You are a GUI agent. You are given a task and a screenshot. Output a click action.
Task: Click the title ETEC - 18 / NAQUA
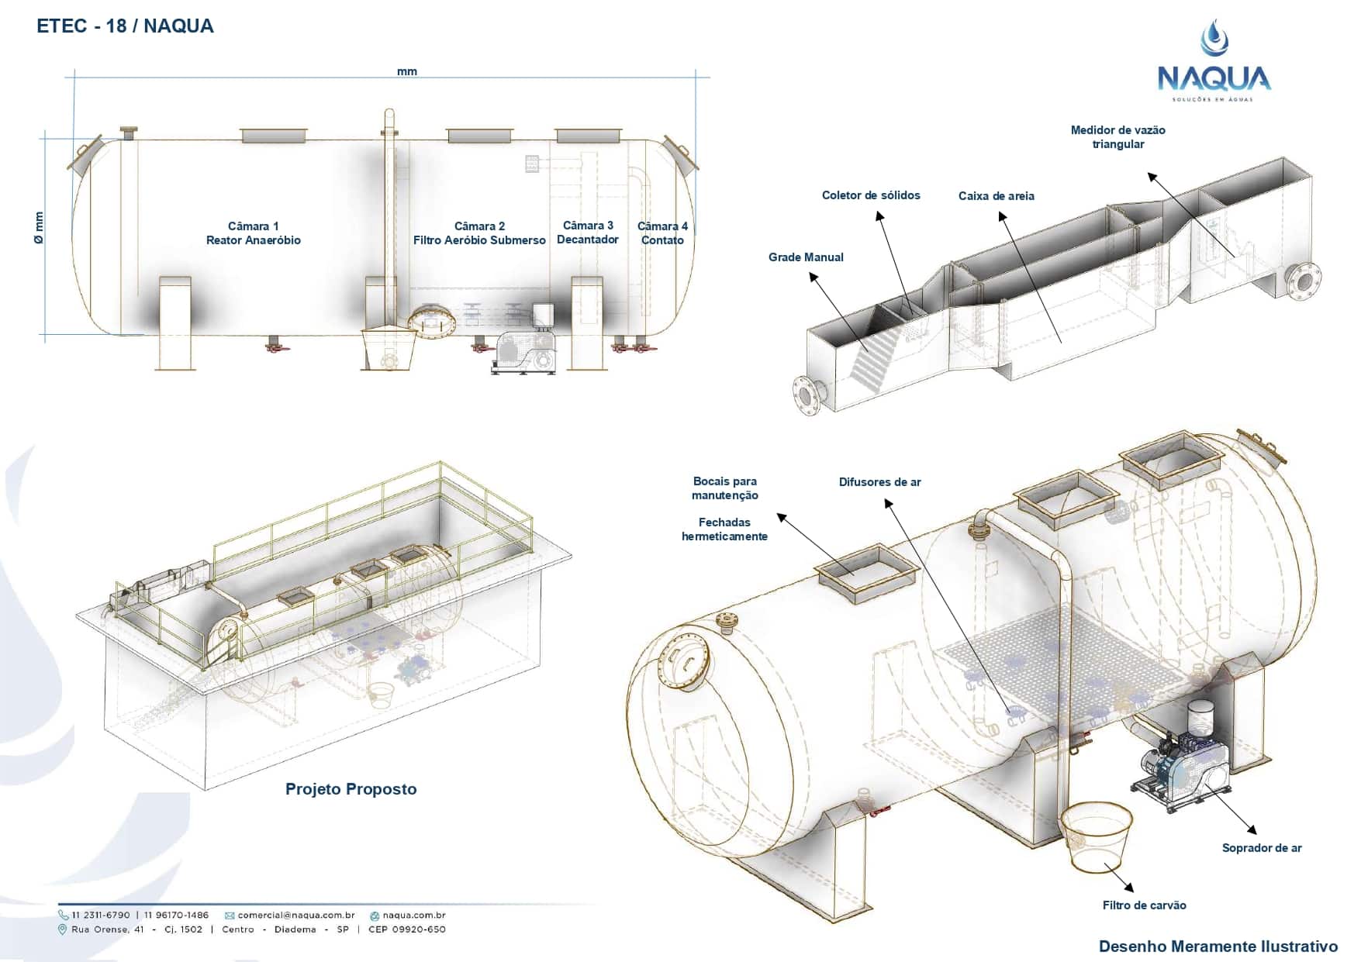point(125,26)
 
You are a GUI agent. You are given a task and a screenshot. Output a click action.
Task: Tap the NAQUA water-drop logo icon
point(1214,39)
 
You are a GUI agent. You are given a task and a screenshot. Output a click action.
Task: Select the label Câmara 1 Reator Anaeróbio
point(253,233)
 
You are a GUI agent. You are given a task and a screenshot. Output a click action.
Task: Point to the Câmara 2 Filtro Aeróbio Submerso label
point(479,233)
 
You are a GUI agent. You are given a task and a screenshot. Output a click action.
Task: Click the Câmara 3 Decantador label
point(588,233)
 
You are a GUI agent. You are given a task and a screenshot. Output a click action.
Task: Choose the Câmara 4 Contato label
point(662,233)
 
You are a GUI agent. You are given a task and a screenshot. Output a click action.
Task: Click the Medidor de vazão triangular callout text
point(1117,137)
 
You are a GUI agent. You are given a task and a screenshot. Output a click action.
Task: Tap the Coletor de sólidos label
point(871,195)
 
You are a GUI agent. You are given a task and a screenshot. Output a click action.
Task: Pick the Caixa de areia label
point(996,196)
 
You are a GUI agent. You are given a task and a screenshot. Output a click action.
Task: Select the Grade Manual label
point(806,257)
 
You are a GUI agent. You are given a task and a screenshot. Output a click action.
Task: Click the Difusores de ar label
point(879,482)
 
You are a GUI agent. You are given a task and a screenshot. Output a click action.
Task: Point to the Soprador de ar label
point(1261,848)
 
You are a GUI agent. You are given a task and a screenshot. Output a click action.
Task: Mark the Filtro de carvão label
point(1144,905)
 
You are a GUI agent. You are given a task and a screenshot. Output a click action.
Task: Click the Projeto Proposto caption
point(351,789)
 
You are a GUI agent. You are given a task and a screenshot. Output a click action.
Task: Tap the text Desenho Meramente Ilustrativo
point(1218,946)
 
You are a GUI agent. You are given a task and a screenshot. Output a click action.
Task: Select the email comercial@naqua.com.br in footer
point(295,915)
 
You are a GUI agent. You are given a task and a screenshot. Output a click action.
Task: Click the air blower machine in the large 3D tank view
point(1183,764)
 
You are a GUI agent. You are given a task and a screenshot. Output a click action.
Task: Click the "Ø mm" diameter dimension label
point(40,228)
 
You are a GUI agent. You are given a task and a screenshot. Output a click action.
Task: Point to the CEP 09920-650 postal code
point(406,929)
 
